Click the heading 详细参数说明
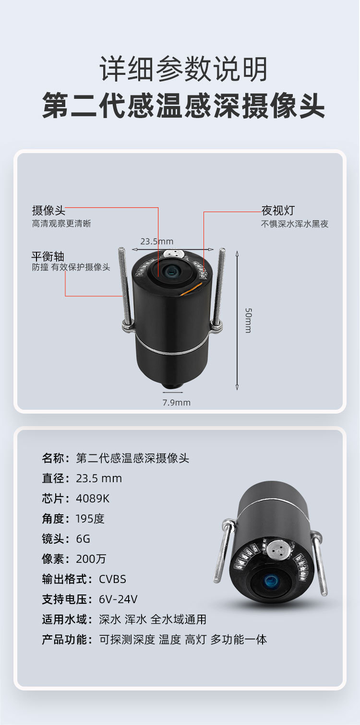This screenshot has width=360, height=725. point(183,69)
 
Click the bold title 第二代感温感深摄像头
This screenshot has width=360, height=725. point(183,106)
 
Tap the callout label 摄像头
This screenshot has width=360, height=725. point(48,210)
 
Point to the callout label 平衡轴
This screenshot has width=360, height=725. point(48,256)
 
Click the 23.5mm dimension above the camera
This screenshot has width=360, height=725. point(157,241)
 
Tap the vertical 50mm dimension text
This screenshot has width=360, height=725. point(247,320)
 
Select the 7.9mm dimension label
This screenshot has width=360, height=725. point(176,403)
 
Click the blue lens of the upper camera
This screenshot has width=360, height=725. point(171,272)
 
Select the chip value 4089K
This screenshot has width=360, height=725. point(93,499)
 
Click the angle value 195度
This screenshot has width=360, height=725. point(90,519)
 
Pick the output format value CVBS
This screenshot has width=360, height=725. point(112,579)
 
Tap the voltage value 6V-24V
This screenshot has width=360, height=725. point(118,599)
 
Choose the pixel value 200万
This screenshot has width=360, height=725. point(91,559)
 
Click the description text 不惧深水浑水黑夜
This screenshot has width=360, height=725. point(295,224)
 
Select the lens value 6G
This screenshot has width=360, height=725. point(83,539)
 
